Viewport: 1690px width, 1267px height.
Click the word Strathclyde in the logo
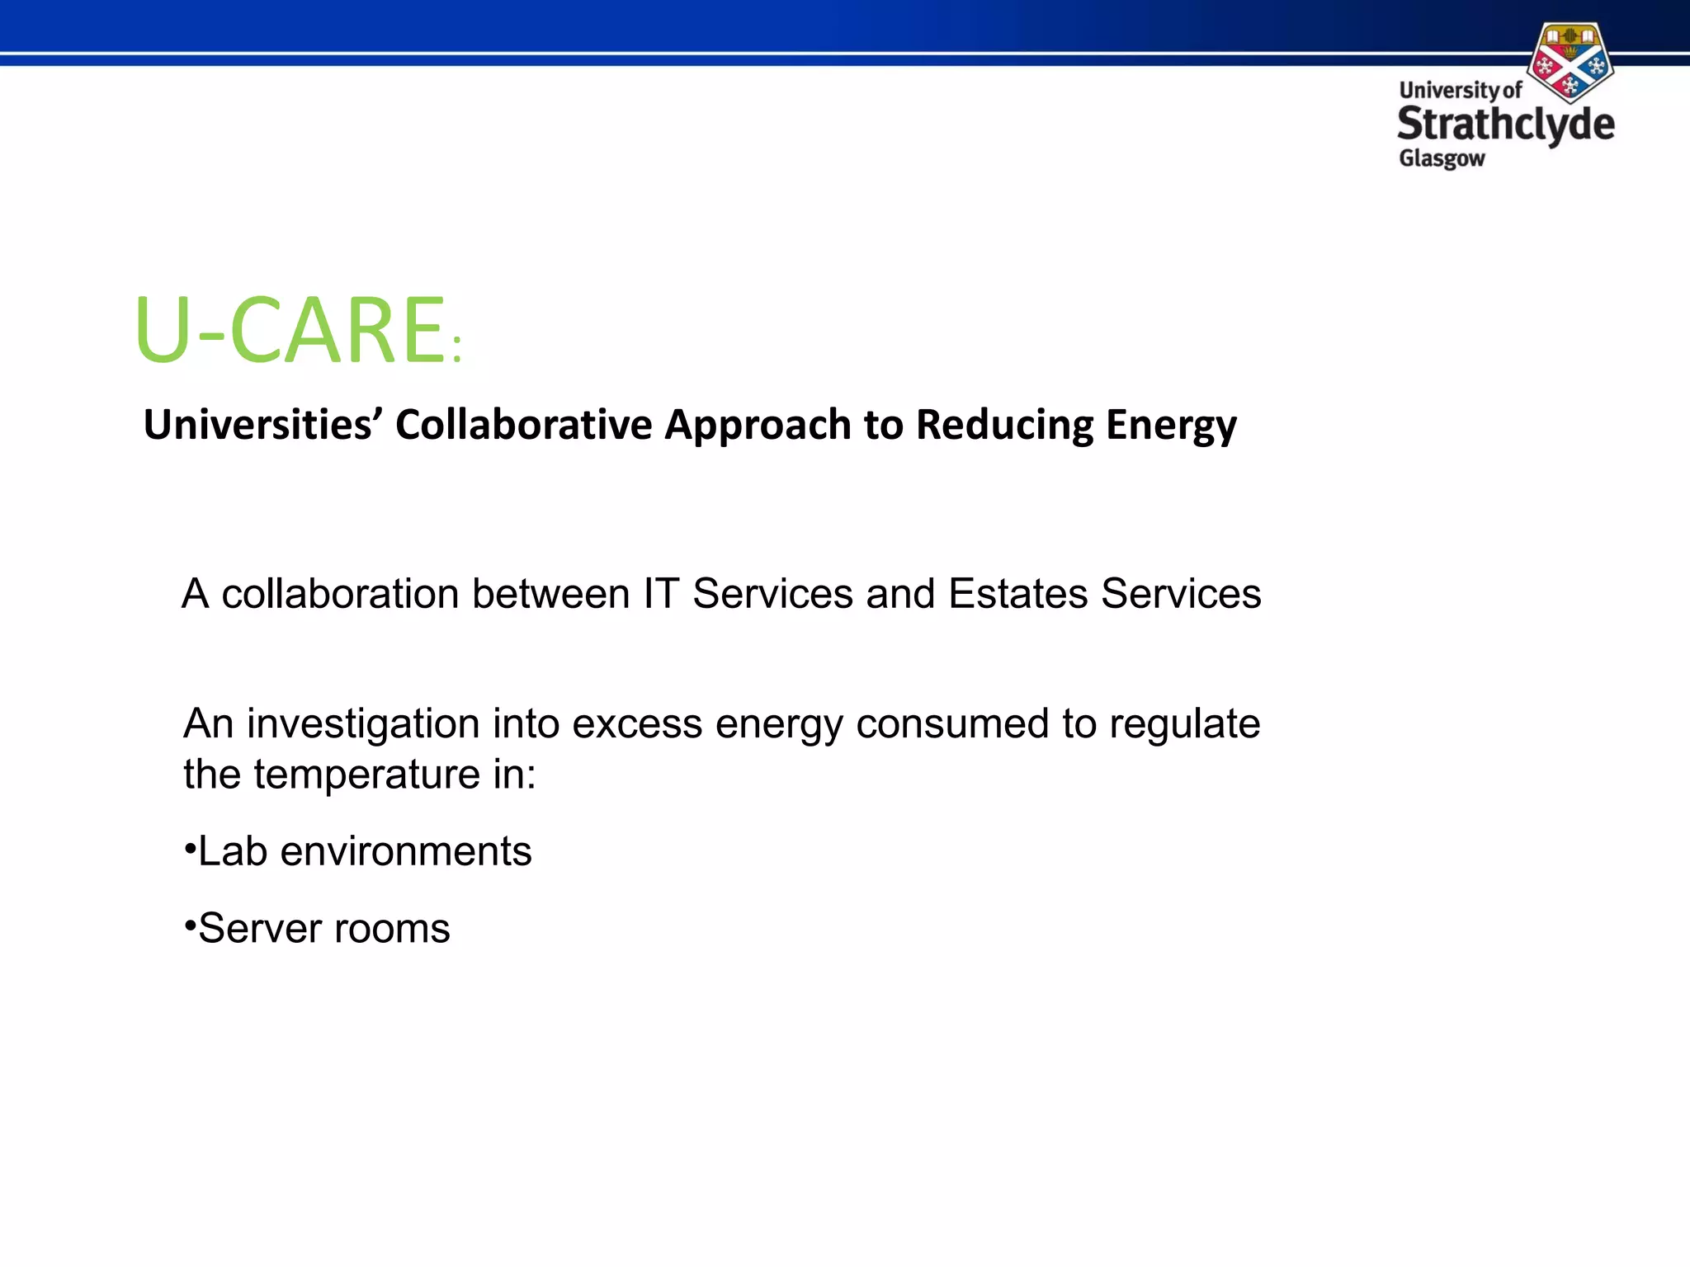point(1505,125)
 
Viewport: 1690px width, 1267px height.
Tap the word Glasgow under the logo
point(1442,158)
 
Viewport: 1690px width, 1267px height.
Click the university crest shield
point(1570,63)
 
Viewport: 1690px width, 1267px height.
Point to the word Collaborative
point(523,426)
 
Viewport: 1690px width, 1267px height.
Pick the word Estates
point(1017,594)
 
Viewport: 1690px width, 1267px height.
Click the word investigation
point(363,724)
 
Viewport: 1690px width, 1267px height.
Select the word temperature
point(367,775)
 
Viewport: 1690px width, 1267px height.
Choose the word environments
point(406,851)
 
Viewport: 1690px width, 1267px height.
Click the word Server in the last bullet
point(260,929)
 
